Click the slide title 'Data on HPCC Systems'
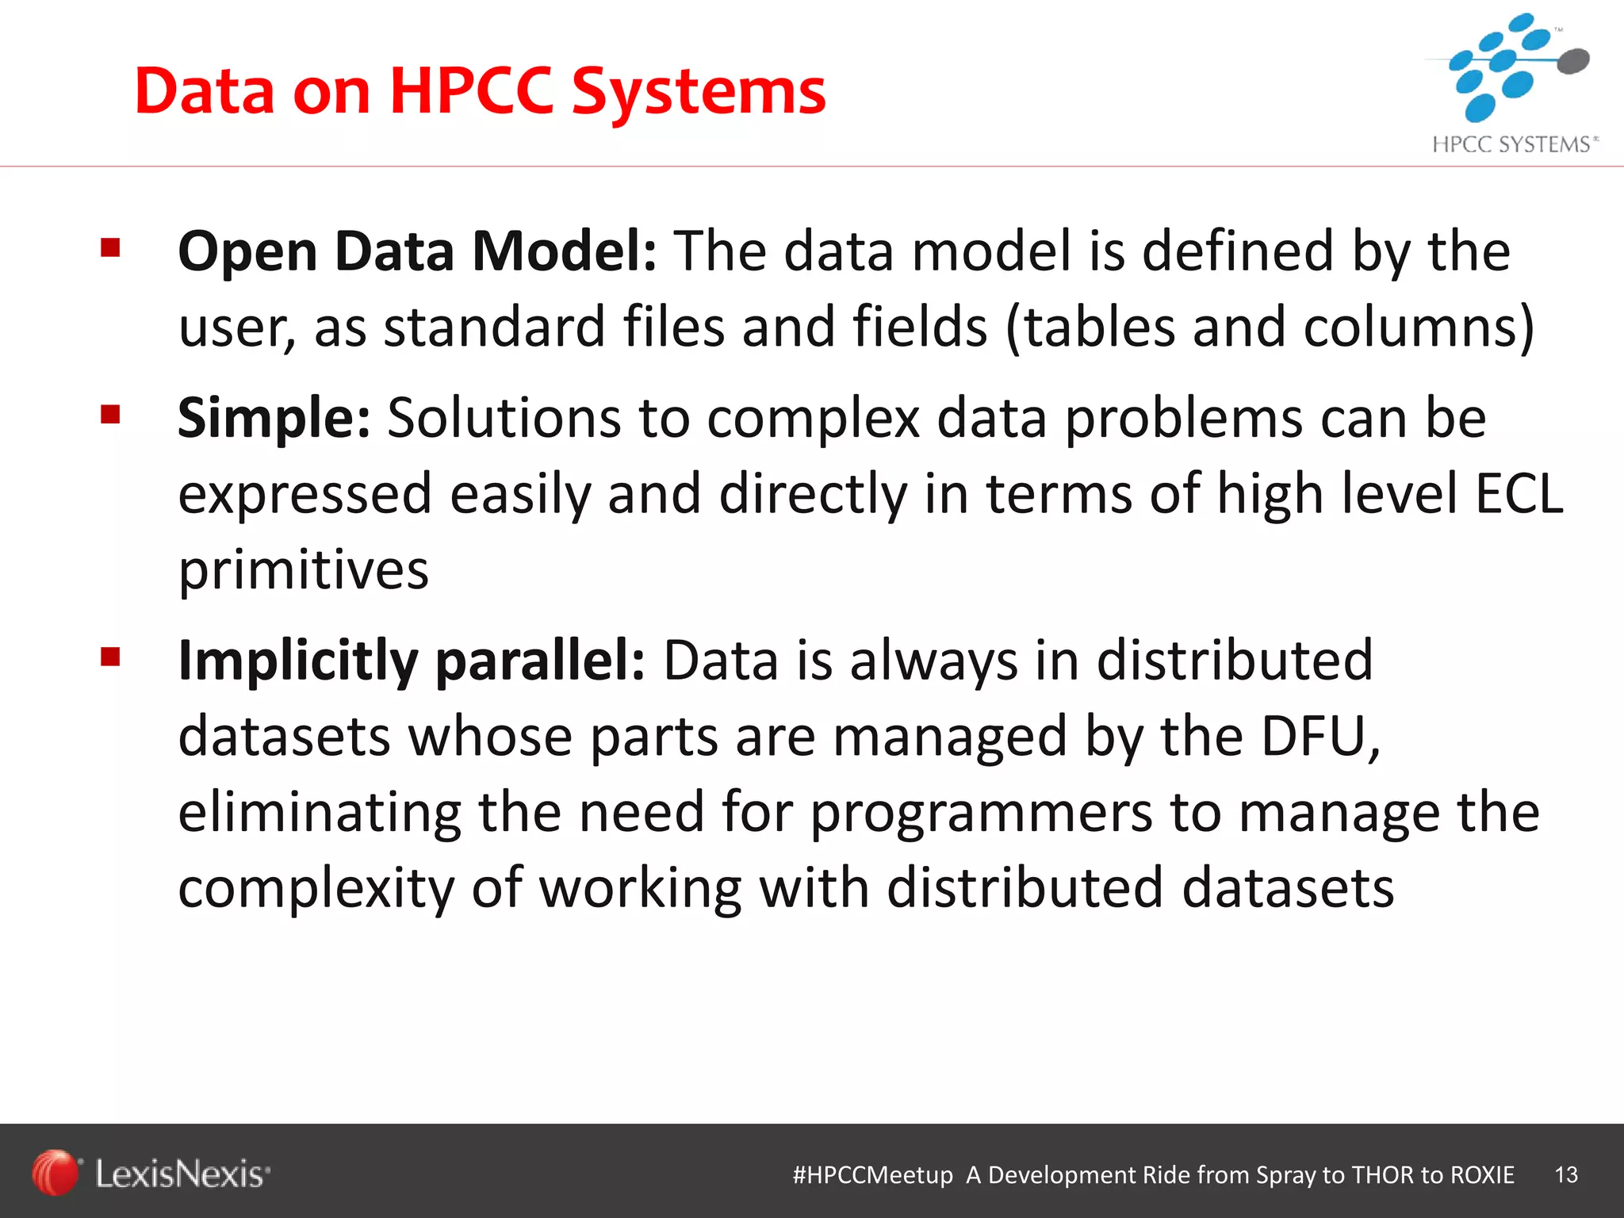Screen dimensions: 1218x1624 click(x=480, y=91)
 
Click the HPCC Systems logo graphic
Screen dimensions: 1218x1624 click(x=1511, y=67)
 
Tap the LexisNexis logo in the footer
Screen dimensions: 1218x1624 click(x=151, y=1174)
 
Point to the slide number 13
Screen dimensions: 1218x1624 click(x=1566, y=1174)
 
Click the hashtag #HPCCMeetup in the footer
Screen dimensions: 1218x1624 click(x=872, y=1174)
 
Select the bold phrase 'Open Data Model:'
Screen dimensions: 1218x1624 click(x=417, y=251)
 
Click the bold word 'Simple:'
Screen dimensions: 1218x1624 click(x=274, y=418)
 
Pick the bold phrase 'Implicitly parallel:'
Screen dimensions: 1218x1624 click(x=412, y=661)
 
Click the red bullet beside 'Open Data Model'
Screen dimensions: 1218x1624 click(x=110, y=249)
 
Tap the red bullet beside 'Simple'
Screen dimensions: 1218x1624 click(x=110, y=415)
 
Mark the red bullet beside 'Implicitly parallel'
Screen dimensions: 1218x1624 click(x=110, y=657)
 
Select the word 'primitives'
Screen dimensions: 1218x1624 click(x=303, y=570)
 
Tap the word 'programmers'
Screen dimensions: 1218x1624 click(x=981, y=814)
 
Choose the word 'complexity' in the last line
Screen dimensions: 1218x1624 click(x=316, y=889)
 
